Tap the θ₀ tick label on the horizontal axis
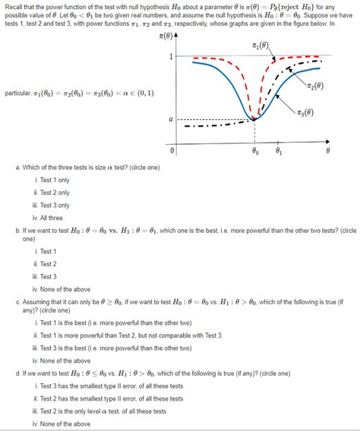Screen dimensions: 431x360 tap(255, 151)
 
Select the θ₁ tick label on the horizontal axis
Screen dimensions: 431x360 tap(279, 151)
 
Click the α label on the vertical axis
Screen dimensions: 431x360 tap(172, 119)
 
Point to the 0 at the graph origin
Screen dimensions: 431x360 tap(173, 150)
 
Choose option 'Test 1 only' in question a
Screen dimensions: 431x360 tap(53, 180)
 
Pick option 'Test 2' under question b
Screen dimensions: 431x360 tap(48, 264)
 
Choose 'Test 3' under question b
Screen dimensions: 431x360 tap(48, 276)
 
